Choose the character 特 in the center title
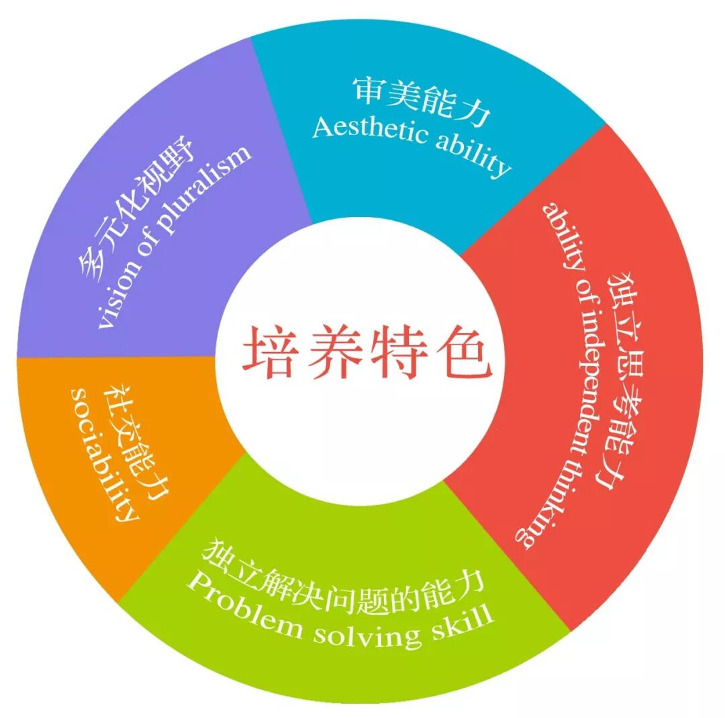tap(397, 351)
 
